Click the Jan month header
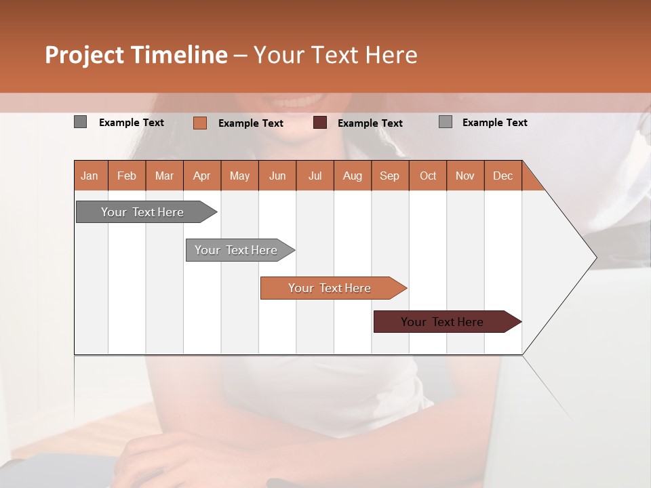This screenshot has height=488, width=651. pyautogui.click(x=90, y=176)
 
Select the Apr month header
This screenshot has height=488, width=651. pyautogui.click(x=202, y=176)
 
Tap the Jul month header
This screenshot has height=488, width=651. pyautogui.click(x=315, y=176)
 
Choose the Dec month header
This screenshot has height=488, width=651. pyautogui.click(x=503, y=176)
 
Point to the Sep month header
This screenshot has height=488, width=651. pyautogui.click(x=390, y=176)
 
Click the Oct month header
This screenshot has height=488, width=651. pyautogui.click(x=428, y=176)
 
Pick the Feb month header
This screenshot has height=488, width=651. pyautogui.click(x=127, y=176)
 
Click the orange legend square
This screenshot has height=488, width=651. pyautogui.click(x=199, y=123)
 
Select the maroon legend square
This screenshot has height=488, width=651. pyautogui.click(x=320, y=123)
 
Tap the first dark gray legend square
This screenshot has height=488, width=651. pyautogui.click(x=80, y=122)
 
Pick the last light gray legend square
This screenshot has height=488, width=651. pyautogui.click(x=446, y=122)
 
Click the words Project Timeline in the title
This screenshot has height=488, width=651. pyautogui.click(x=136, y=55)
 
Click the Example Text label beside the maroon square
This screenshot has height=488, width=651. pyautogui.click(x=370, y=123)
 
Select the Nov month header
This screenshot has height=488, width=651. pyautogui.click(x=465, y=176)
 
